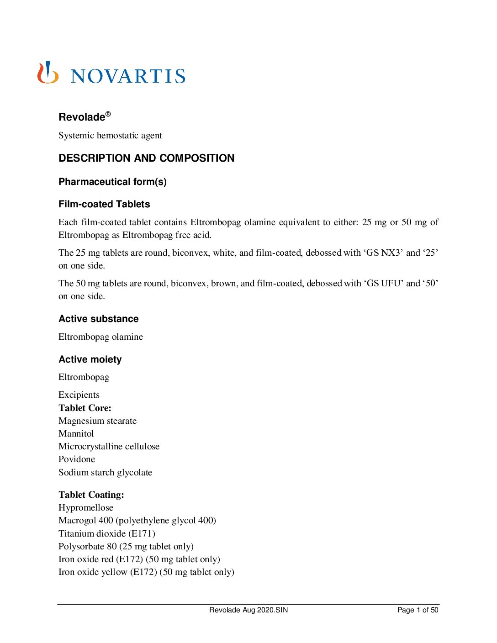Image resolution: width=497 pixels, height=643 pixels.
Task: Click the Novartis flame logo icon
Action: [48, 73]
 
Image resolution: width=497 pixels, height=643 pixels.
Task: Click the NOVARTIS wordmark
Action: [128, 76]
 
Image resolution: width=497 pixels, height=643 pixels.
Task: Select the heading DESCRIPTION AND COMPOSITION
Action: [146, 158]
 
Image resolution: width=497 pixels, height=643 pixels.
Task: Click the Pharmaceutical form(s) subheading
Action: [112, 182]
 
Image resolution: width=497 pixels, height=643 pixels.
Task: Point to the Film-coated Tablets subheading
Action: [104, 204]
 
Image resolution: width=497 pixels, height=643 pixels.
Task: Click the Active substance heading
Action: [98, 319]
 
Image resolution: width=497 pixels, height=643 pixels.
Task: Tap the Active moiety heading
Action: [90, 359]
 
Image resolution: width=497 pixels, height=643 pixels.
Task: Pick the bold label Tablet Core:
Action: [85, 408]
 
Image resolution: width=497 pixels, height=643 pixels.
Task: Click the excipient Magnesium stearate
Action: [97, 421]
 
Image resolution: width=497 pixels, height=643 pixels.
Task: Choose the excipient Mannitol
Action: [76, 433]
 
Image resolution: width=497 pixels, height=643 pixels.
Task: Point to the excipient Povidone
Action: [77, 459]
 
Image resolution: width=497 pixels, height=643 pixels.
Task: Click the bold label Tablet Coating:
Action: [91, 495]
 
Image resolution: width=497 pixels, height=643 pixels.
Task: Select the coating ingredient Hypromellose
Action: [86, 507]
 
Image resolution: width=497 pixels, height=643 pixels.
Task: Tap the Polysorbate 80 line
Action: [126, 546]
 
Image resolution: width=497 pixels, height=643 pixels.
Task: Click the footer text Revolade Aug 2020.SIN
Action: [248, 610]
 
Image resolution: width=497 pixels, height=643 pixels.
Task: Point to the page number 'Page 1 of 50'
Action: [418, 610]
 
